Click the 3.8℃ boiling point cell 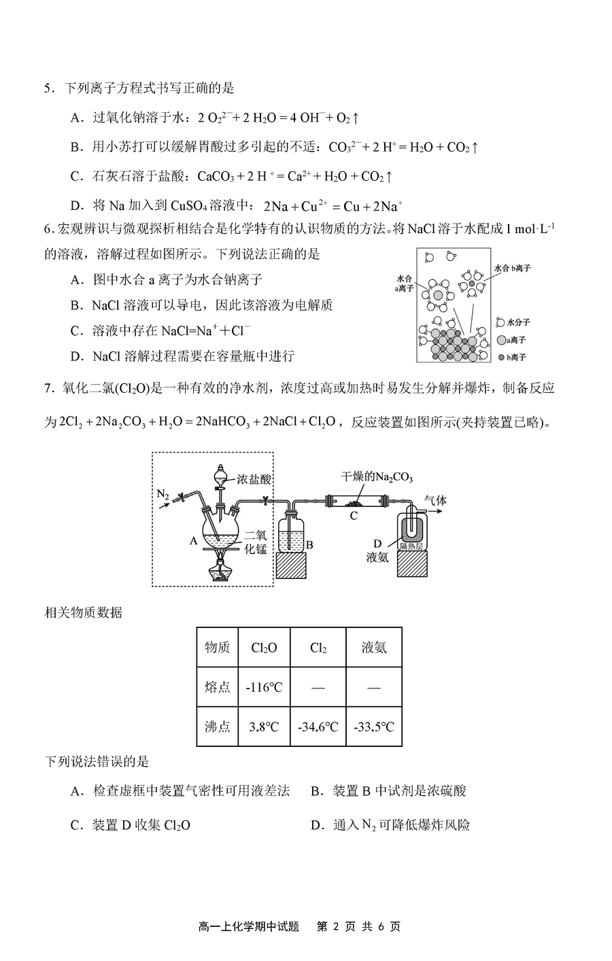coord(264,727)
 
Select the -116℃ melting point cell coord(264,687)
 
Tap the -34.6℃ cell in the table coord(318,727)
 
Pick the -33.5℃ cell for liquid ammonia coord(373,727)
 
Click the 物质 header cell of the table coord(217,647)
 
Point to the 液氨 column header coord(373,647)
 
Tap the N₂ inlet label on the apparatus coord(163,495)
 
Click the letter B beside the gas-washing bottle coord(309,544)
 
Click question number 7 coord(49,388)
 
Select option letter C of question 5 coord(77,177)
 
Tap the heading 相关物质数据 coord(83,612)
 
